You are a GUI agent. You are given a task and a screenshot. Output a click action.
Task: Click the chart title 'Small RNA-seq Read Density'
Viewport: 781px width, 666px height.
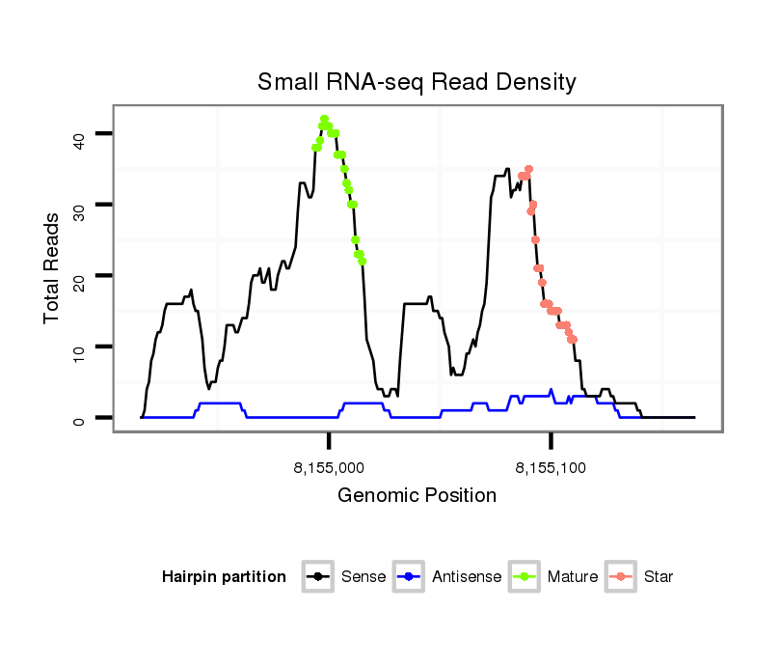tap(417, 82)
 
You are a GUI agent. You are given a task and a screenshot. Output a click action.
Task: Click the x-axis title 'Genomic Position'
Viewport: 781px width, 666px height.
tap(417, 496)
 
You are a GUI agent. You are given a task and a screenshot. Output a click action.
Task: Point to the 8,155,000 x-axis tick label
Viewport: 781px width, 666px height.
tap(329, 468)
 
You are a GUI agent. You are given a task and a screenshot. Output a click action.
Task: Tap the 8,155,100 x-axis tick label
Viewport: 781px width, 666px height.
tap(551, 468)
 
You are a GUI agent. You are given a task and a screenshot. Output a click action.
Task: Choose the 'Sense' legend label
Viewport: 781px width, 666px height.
tap(364, 577)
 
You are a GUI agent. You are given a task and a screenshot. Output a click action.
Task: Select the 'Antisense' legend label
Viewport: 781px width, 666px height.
tap(467, 577)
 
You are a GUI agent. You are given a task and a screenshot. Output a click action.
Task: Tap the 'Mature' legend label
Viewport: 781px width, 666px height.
tap(573, 577)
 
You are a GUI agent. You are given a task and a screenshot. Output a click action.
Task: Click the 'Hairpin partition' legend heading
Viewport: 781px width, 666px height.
tap(224, 577)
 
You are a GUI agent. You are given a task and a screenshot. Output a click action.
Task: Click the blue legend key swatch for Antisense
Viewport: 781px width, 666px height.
tap(410, 577)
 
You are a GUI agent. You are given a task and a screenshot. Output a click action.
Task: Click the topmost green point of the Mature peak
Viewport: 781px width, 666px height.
tap(324, 119)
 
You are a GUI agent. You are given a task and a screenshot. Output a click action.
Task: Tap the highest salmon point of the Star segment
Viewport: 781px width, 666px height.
tap(528, 169)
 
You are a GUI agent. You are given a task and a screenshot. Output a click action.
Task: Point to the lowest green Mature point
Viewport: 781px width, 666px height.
tap(362, 261)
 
